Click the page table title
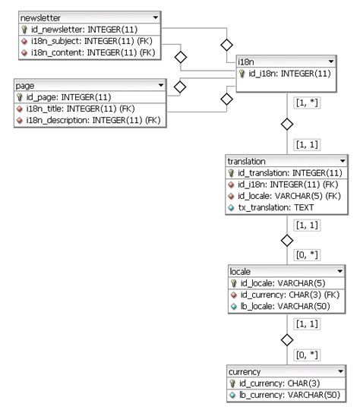coord(26,86)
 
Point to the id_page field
coord(68,97)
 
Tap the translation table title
coord(246,162)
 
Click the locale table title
coord(241,271)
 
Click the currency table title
coord(245,372)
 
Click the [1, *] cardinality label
coord(307,101)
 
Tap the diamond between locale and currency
coord(287,339)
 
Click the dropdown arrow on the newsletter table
coord(156,17)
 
